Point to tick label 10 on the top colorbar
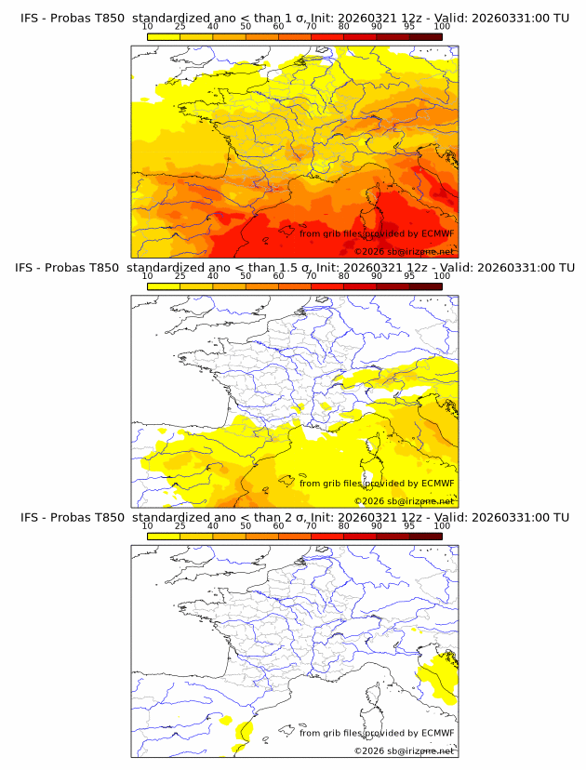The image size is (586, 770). coord(147,26)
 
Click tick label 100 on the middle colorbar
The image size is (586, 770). coord(442,276)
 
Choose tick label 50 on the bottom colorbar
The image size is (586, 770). coord(246,525)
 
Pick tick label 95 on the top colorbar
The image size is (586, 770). coord(409,26)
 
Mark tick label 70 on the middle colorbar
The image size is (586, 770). coord(311,276)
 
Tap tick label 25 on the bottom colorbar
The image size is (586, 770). coord(180,525)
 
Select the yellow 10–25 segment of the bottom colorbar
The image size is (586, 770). coord(163,536)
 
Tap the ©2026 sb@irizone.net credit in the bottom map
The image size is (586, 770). coord(404,750)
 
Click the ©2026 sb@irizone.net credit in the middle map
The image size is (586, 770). coord(404,501)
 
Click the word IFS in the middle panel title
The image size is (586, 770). coord(30,268)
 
